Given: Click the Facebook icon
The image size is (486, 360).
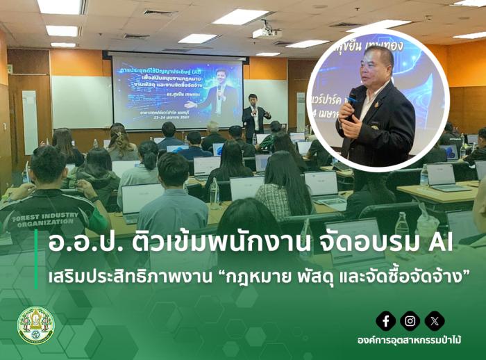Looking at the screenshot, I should pyautogui.click(x=386, y=320).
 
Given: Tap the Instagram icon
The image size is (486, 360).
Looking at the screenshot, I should pyautogui.click(x=410, y=320).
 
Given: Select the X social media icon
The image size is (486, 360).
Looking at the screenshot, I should pyautogui.click(x=435, y=320).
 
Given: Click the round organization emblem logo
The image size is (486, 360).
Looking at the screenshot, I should pyautogui.click(x=35, y=325).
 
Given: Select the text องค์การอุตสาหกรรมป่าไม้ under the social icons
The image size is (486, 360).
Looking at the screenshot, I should pyautogui.click(x=410, y=341).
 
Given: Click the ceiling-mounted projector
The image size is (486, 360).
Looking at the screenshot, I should pyautogui.click(x=267, y=32).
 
